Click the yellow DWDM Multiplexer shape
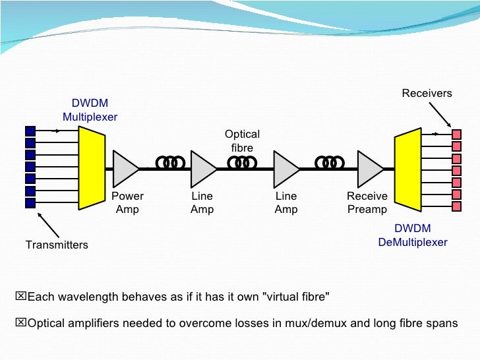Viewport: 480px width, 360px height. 92,168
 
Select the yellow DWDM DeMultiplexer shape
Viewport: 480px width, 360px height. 408,169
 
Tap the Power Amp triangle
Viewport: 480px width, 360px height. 124,169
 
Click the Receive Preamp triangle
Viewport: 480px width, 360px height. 369,169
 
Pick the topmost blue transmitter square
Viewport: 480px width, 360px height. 30,131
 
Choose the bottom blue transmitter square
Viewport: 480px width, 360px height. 30,203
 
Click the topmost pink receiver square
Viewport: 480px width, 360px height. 456,135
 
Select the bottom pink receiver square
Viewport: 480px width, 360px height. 456,206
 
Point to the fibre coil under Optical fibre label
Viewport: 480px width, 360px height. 242,162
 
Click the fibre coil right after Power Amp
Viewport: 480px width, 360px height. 171,162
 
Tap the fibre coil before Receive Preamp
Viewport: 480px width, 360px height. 330,162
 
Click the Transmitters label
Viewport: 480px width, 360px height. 57,245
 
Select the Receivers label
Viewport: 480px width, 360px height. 427,93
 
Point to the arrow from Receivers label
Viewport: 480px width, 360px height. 440,115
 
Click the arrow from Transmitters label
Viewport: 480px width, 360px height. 48,225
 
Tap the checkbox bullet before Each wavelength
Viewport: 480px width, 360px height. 21,296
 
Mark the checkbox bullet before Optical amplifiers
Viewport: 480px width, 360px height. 21,322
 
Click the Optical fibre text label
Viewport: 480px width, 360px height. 242,141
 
